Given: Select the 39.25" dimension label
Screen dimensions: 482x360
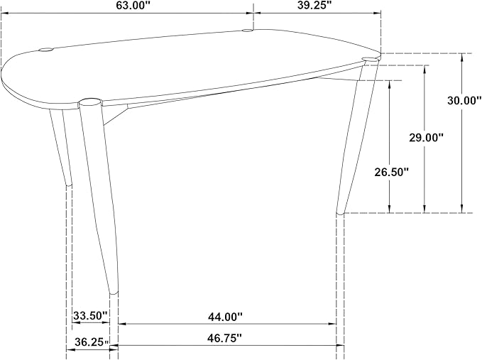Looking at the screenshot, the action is pyautogui.click(x=314, y=6).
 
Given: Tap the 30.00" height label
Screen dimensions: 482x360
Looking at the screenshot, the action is pyautogui.click(x=464, y=101).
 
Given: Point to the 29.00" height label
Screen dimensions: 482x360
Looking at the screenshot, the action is pyautogui.click(x=426, y=138).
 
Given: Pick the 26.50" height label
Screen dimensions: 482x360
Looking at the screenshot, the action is pyautogui.click(x=391, y=172).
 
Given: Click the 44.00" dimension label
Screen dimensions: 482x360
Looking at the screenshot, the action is pyautogui.click(x=225, y=317).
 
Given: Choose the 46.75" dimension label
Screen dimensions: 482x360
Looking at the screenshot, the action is pyautogui.click(x=225, y=338).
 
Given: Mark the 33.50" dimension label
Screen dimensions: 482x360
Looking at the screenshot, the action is pyautogui.click(x=90, y=315).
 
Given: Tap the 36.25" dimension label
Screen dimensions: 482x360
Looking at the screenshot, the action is pyautogui.click(x=92, y=342).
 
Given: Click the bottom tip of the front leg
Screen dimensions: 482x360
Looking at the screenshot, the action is pyautogui.click(x=114, y=293).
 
